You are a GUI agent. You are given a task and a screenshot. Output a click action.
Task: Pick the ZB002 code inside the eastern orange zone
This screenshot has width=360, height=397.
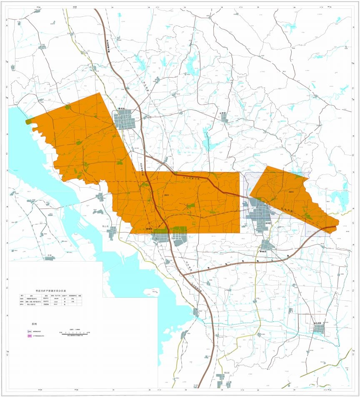click(x=291, y=192)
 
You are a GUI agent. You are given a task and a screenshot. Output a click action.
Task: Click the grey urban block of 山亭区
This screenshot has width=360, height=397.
click(x=225, y=119)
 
